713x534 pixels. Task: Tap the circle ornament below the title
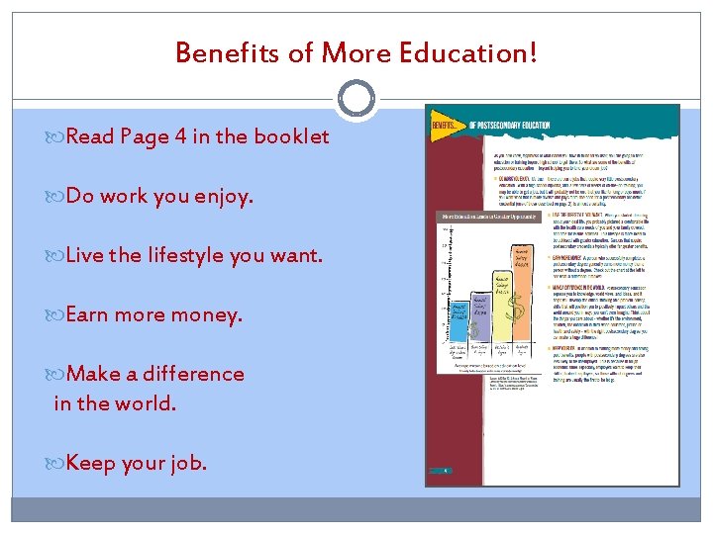(x=356, y=98)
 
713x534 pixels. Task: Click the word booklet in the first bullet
(x=291, y=136)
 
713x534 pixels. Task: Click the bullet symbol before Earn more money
(x=57, y=315)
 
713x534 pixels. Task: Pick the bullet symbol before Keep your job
(x=57, y=463)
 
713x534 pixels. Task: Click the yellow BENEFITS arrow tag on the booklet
(x=447, y=127)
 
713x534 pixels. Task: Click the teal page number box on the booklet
(x=445, y=472)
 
